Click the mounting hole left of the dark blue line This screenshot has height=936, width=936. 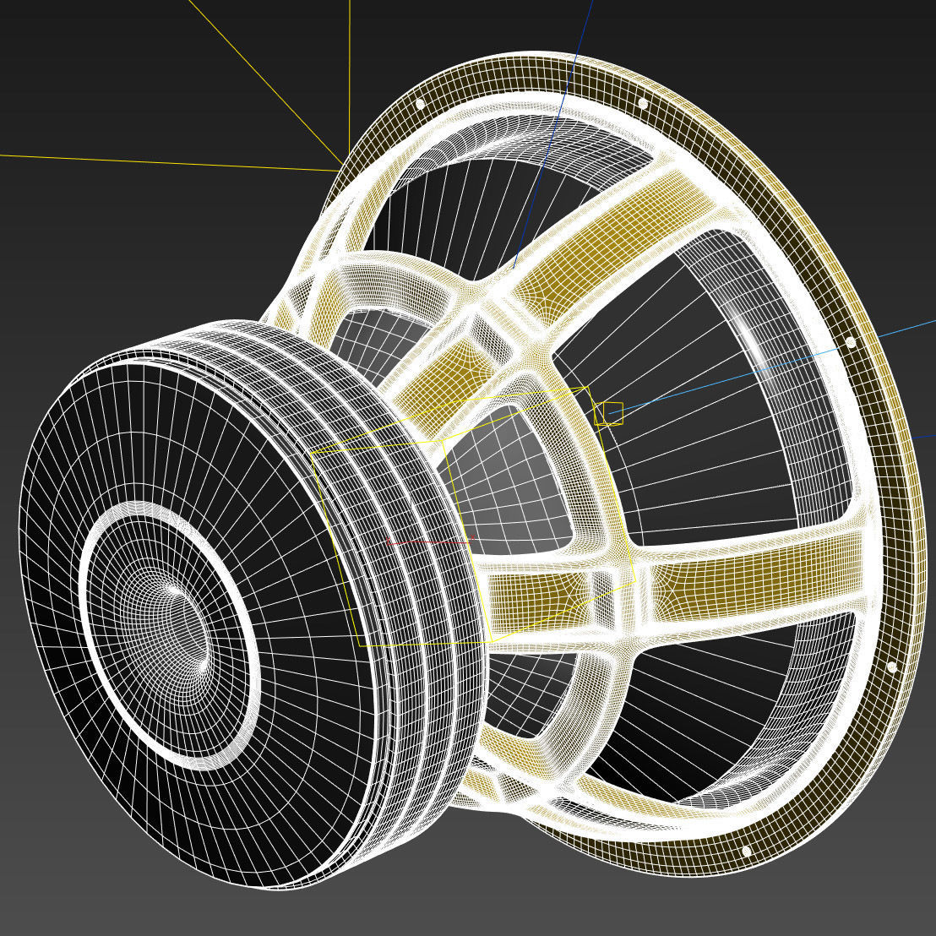[x=420, y=104]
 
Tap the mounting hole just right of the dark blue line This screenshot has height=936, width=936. [x=643, y=103]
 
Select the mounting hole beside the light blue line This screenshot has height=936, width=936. [x=850, y=342]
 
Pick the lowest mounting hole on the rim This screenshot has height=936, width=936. [x=746, y=851]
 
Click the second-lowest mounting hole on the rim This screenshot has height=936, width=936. [x=891, y=667]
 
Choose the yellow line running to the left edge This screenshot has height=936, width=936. [x=169, y=162]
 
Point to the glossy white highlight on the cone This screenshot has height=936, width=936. [x=751, y=338]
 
